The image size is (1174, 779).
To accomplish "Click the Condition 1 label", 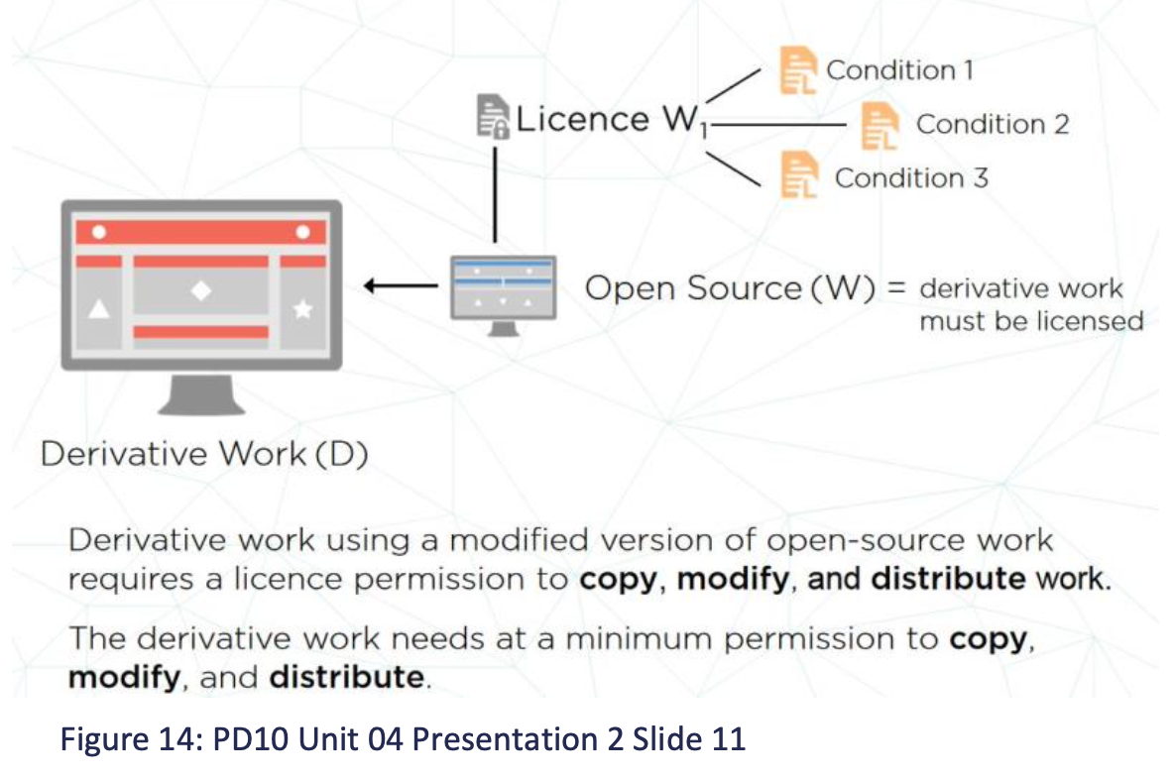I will pos(899,70).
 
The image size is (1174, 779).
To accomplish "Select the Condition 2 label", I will pos(993,124).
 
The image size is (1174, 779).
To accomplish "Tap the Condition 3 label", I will pos(911,178).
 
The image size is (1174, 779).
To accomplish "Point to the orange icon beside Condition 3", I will pos(798,176).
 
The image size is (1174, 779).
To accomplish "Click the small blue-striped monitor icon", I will pos(504,287).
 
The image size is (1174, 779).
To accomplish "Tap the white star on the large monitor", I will pos(303,310).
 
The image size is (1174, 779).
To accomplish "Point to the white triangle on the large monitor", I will pos(98,309).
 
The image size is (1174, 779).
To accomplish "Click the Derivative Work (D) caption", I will pos(204,455).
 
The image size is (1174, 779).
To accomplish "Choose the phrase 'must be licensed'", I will pos(1031,321).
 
